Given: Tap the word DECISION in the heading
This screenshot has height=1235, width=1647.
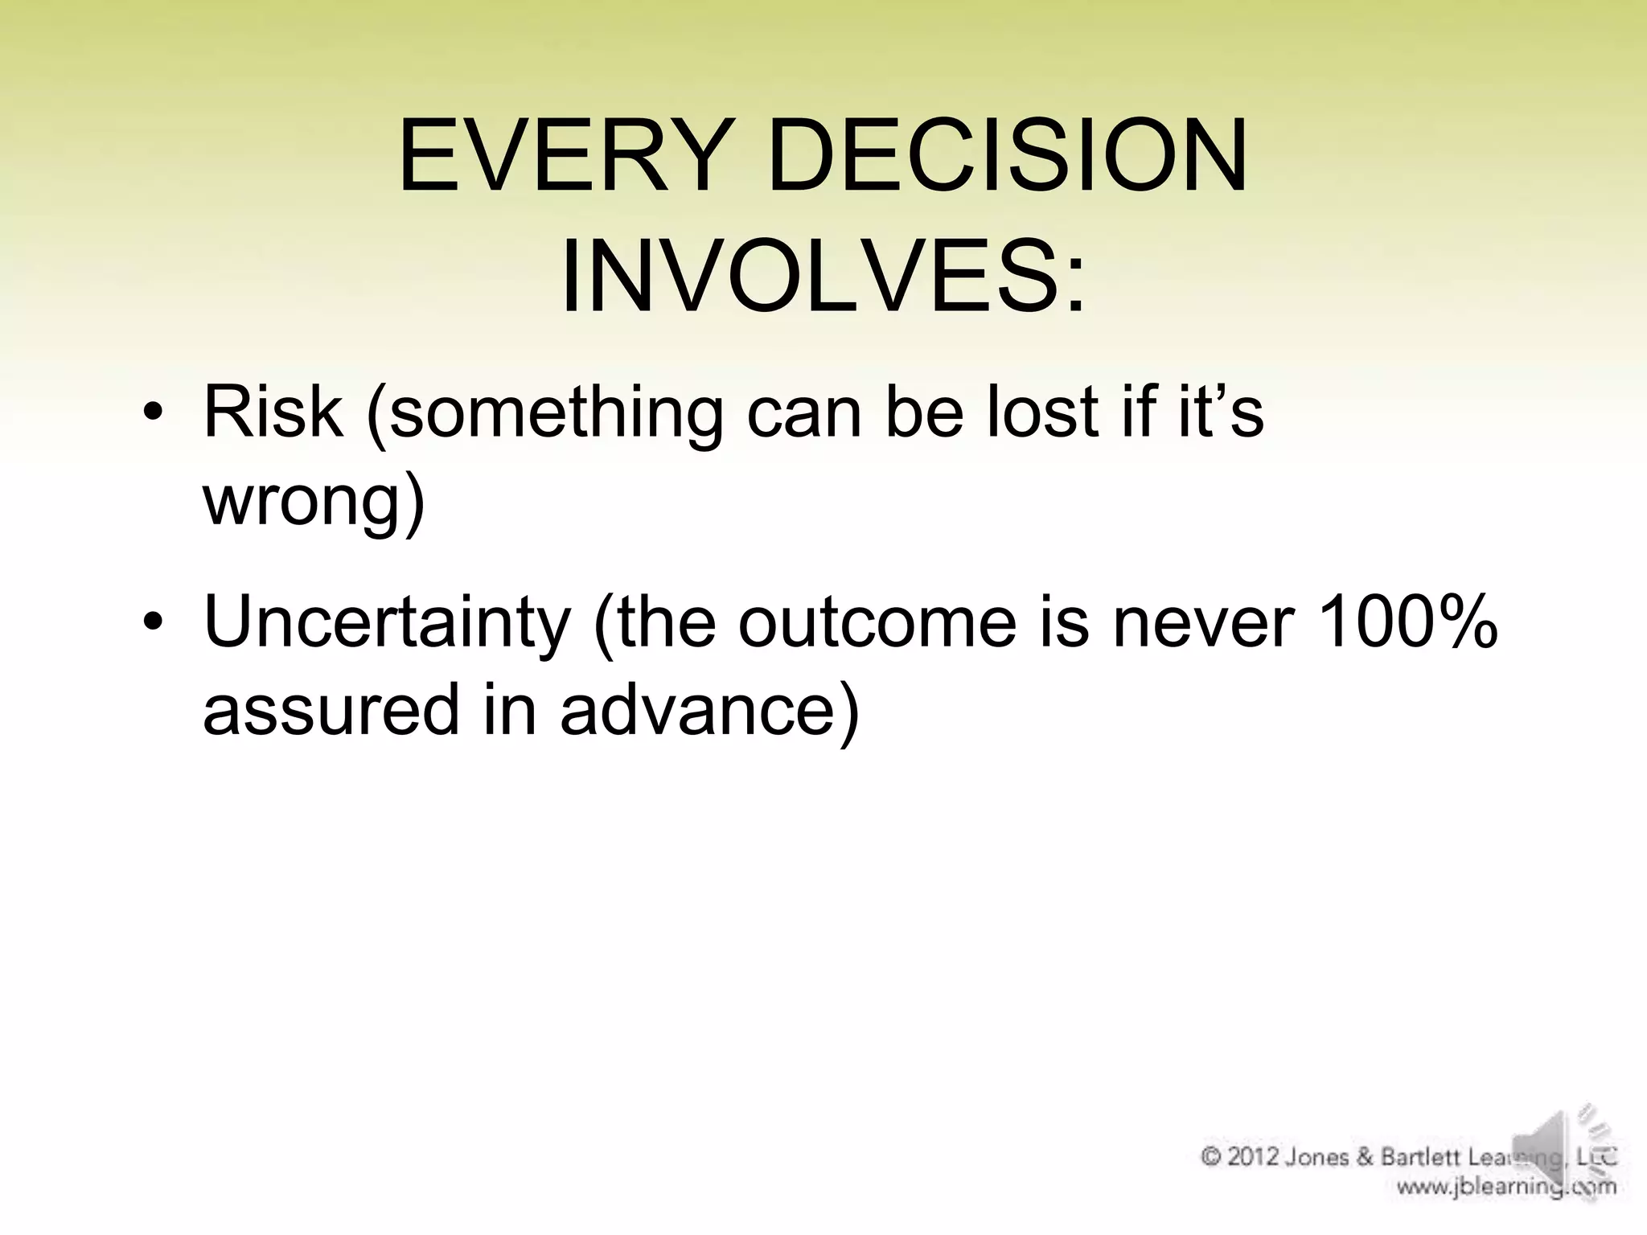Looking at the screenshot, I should click(1008, 157).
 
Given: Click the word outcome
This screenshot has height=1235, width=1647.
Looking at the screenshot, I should click(877, 623).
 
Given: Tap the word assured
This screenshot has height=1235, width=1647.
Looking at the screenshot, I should click(331, 710).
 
